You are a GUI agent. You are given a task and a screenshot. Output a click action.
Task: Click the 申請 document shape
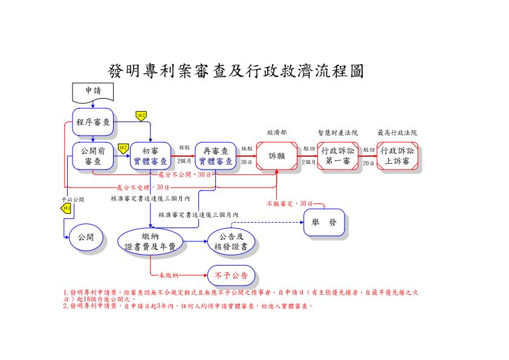(x=92, y=92)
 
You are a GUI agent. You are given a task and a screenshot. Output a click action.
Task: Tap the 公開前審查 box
(x=92, y=156)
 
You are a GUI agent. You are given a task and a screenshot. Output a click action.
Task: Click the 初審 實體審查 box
(x=150, y=156)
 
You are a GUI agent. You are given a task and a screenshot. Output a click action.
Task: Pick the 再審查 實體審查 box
(x=215, y=156)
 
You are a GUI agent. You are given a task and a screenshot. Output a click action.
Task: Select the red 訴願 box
(x=276, y=156)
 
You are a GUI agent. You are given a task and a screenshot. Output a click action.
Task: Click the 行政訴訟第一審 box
(x=338, y=156)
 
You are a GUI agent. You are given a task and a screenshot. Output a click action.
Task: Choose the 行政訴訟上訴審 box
(x=397, y=156)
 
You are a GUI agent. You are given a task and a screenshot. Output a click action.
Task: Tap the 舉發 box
(x=324, y=222)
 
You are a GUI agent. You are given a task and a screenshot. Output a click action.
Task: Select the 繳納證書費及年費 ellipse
(x=150, y=241)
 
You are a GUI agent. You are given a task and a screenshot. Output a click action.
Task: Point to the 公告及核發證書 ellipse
(x=230, y=241)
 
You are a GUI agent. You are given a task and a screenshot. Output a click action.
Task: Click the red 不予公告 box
(x=231, y=276)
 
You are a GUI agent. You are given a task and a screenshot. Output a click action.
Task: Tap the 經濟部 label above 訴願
(x=277, y=133)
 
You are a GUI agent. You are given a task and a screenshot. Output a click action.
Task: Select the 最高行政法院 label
(x=397, y=133)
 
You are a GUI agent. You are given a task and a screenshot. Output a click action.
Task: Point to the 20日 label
(x=368, y=163)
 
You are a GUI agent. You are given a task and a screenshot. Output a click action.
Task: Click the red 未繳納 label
(x=168, y=276)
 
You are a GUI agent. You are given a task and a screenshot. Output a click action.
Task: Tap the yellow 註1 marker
(x=66, y=209)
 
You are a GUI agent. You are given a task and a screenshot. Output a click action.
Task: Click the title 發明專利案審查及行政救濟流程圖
(x=236, y=71)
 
